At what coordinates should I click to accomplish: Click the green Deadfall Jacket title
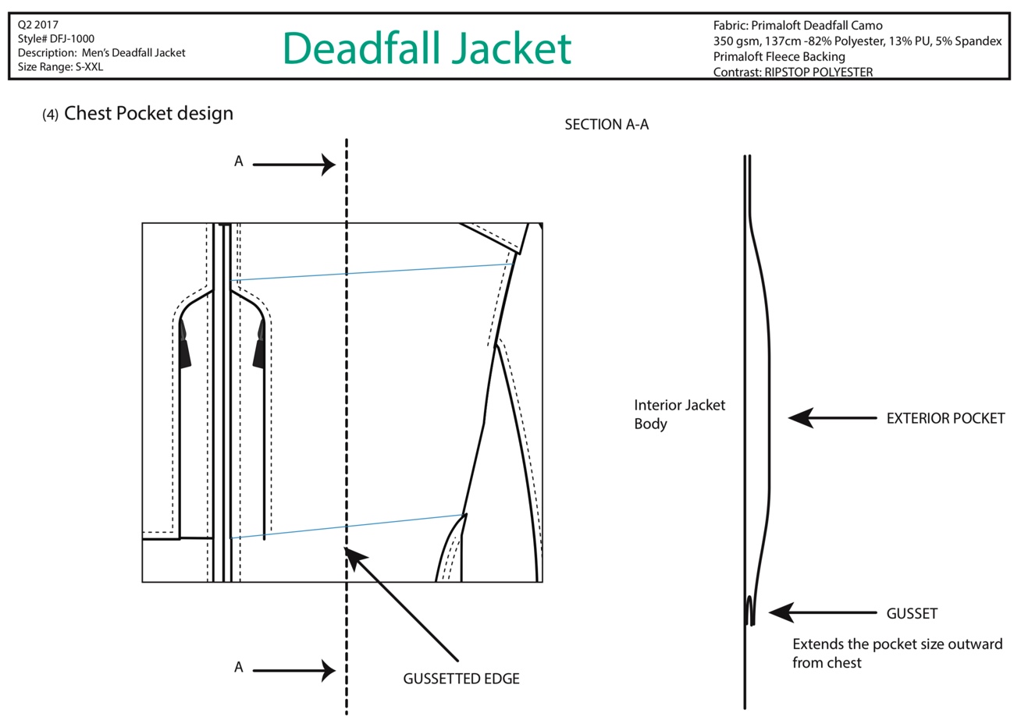coord(427,48)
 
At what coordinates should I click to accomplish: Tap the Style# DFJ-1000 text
coord(56,39)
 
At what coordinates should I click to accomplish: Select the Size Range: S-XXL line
coord(61,67)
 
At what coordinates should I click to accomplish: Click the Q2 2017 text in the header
coord(37,25)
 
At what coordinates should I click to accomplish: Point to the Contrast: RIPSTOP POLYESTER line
coord(793,72)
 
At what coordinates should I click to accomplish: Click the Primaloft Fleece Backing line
coord(779,56)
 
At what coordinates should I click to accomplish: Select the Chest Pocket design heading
coord(148,113)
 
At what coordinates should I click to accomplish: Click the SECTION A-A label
coord(607,124)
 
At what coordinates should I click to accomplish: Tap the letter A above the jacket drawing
coord(238,161)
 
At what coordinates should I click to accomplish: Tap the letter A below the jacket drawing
coord(238,667)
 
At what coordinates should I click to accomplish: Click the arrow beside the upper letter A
coord(294,165)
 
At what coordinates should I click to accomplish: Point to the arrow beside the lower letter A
coord(294,670)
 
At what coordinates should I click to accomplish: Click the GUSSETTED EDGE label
coord(461,679)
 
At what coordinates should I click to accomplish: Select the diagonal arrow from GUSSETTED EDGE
coord(400,604)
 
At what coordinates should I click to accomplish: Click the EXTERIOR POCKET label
coord(946,418)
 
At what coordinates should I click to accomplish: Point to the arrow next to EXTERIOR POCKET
coord(832,417)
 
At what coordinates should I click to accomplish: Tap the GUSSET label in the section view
coord(912,613)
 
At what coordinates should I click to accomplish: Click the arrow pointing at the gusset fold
coord(823,612)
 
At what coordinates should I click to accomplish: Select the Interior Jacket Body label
coord(679,414)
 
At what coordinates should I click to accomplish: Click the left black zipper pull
coord(184,344)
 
